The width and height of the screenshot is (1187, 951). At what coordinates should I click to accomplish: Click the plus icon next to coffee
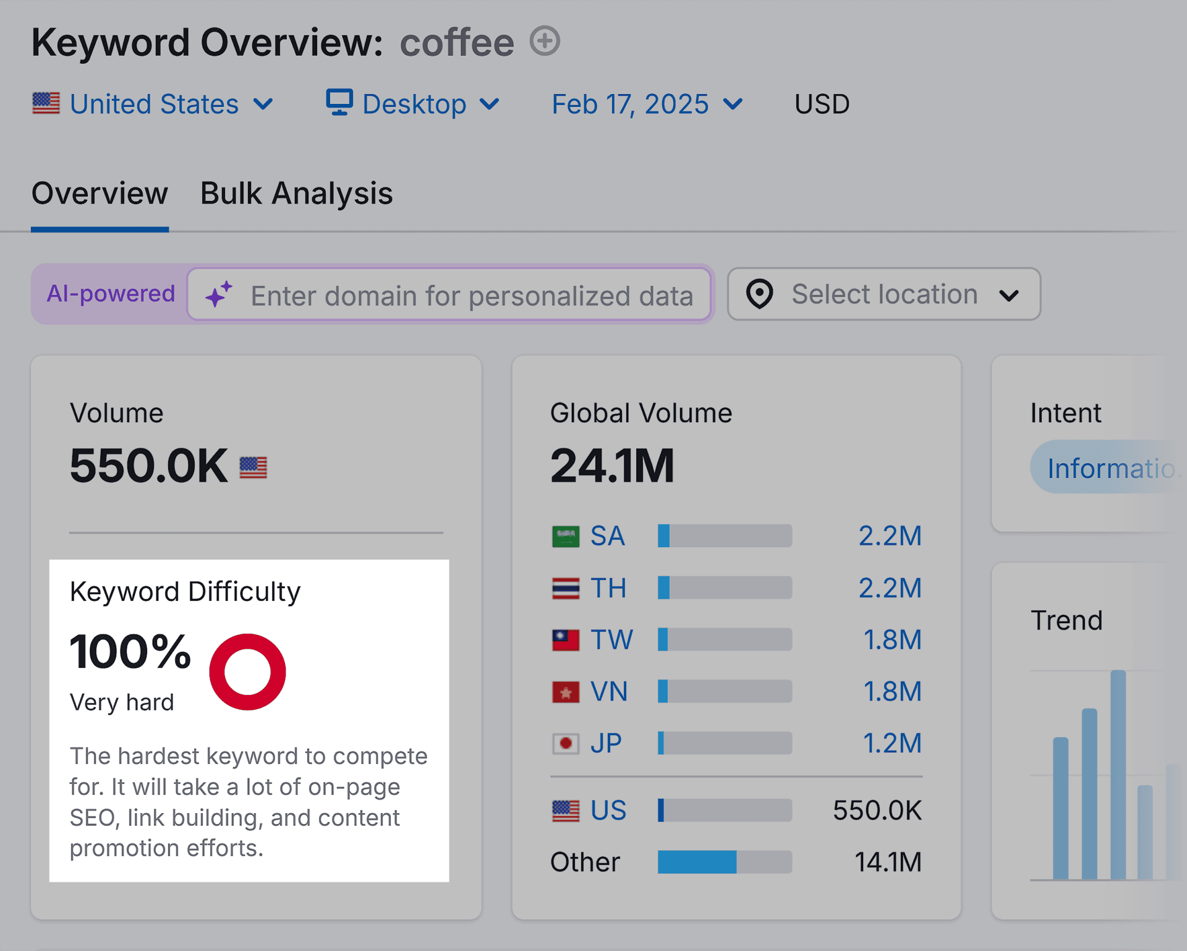click(x=545, y=41)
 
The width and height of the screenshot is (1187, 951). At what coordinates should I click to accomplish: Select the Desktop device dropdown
click(x=412, y=104)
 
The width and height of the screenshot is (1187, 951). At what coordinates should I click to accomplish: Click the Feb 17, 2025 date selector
click(x=647, y=104)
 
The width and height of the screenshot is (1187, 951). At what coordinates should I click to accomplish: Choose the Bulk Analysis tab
click(x=296, y=194)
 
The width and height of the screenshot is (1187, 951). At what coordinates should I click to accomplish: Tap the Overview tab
click(x=100, y=194)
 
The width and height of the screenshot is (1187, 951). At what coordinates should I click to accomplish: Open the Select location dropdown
click(x=883, y=294)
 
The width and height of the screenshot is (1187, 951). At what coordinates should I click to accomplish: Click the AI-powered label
click(x=111, y=294)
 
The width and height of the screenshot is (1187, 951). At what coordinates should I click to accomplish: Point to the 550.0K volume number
click(x=148, y=466)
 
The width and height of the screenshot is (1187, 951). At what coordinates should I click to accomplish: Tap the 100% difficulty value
click(x=130, y=652)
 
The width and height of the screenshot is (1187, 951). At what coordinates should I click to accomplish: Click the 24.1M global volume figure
click(x=612, y=466)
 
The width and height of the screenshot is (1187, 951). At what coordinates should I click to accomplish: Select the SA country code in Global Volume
click(x=607, y=536)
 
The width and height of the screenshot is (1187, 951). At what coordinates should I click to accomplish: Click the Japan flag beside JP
click(x=565, y=743)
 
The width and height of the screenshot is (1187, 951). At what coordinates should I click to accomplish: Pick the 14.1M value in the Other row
click(x=887, y=862)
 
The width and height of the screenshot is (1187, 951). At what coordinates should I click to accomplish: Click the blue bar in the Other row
click(x=697, y=862)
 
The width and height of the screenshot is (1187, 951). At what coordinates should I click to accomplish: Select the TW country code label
click(x=611, y=640)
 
